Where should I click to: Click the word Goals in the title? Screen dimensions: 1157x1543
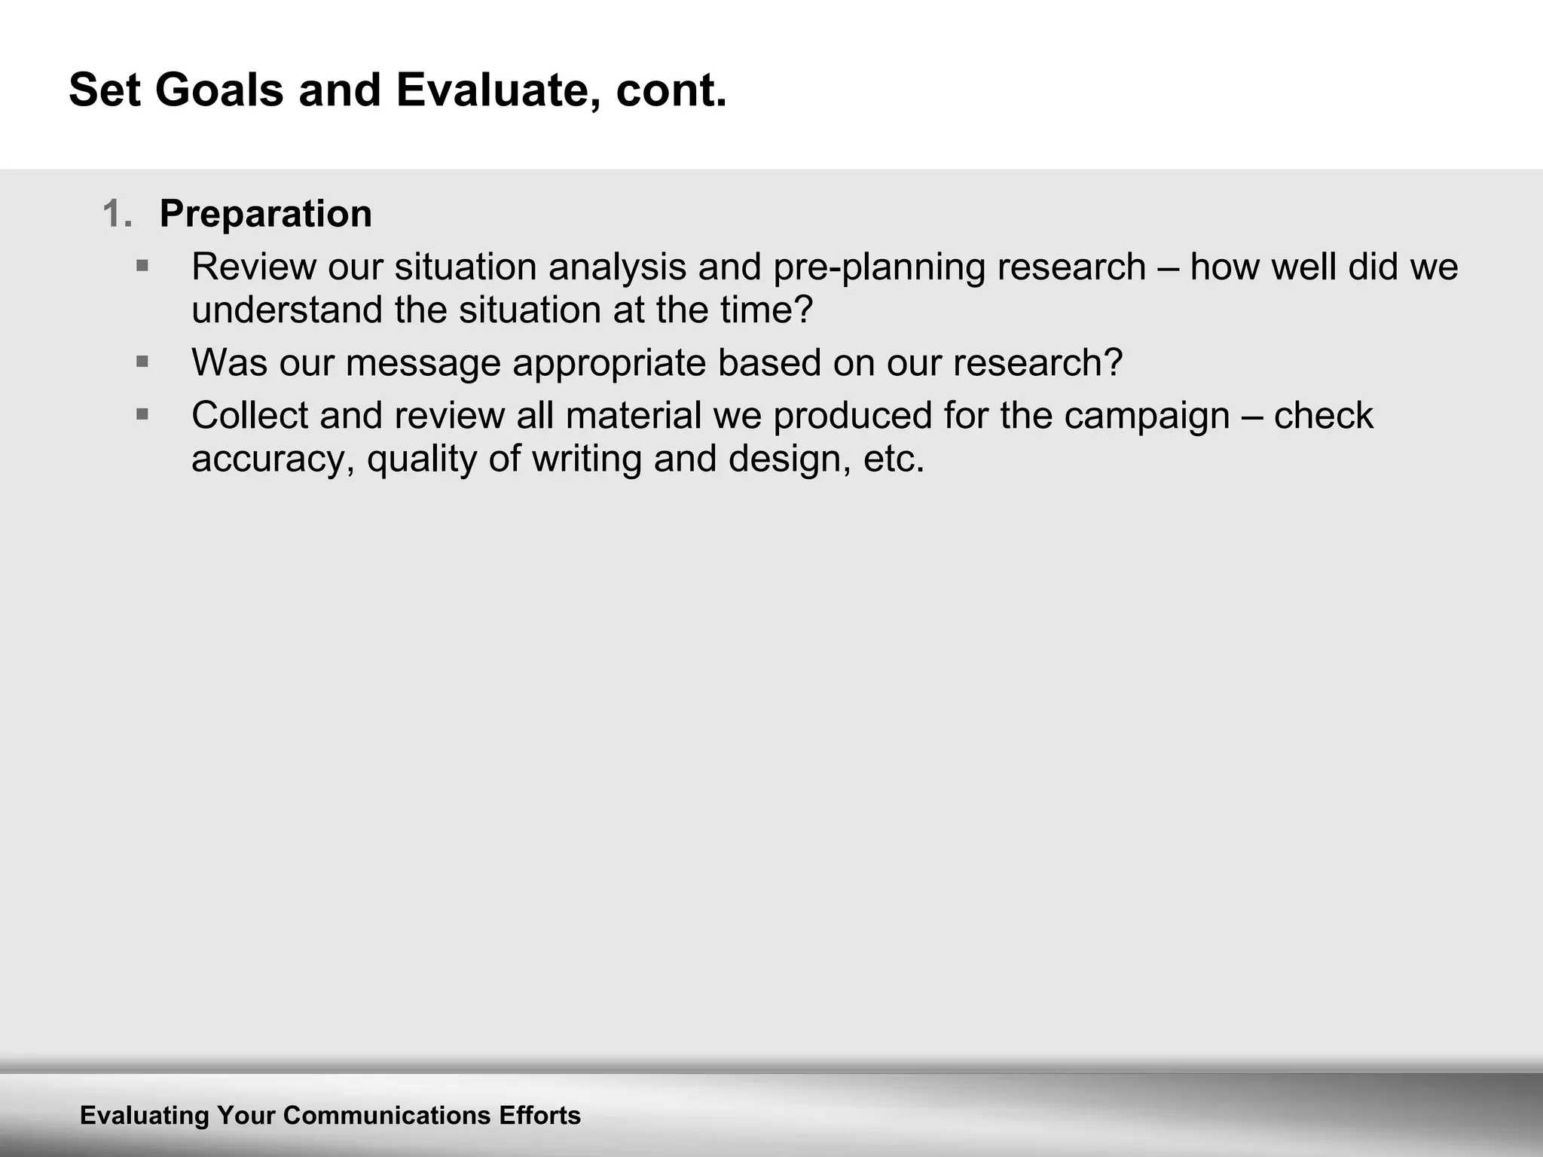tap(219, 90)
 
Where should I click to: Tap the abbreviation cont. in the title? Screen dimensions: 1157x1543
tap(671, 90)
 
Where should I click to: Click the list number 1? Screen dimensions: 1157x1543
tap(117, 214)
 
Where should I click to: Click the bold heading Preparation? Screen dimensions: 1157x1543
tap(265, 214)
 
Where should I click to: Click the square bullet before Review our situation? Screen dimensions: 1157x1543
tap(142, 266)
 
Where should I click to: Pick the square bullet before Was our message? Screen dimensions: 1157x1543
tap(142, 362)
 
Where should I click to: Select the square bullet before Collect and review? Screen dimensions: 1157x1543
tap(142, 414)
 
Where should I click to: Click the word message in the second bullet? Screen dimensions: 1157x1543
tap(423, 363)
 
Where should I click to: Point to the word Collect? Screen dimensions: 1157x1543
tap(249, 416)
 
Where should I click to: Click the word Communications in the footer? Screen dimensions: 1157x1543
tap(387, 1116)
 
